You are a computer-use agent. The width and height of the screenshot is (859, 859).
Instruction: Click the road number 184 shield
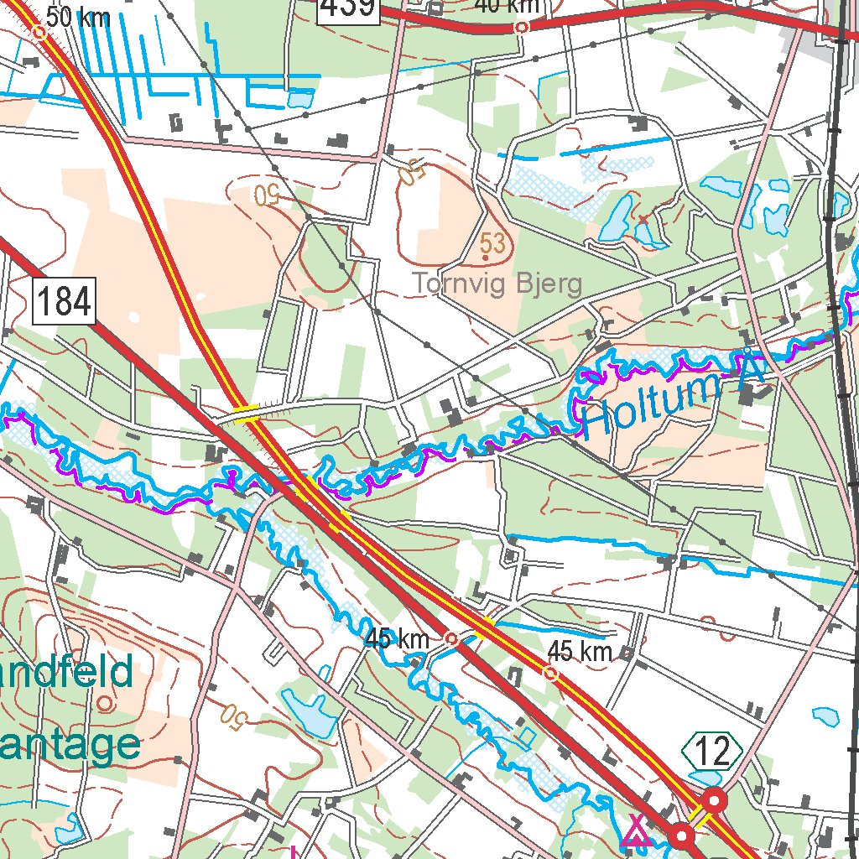(x=65, y=302)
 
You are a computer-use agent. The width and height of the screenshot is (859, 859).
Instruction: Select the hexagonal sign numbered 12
(x=712, y=752)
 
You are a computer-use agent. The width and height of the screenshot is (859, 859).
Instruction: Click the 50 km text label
(x=77, y=17)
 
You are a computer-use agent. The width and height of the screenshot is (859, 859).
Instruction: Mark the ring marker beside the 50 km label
(x=39, y=33)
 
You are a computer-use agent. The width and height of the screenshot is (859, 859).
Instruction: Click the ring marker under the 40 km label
(x=522, y=27)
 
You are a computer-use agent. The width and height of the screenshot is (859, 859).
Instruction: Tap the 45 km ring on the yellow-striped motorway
(x=551, y=673)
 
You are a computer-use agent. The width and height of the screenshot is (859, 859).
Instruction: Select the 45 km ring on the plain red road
(x=451, y=638)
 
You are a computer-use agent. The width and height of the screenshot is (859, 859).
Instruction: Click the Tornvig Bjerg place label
(x=497, y=284)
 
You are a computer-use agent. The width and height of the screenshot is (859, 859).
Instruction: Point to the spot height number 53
(x=493, y=244)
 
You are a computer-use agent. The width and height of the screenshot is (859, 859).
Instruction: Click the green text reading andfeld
(x=67, y=671)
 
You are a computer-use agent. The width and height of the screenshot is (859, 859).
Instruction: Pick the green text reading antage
(x=70, y=744)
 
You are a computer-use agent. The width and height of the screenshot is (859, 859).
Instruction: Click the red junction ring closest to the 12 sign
(x=715, y=799)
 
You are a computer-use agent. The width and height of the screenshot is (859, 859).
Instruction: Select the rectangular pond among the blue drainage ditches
(x=298, y=99)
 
